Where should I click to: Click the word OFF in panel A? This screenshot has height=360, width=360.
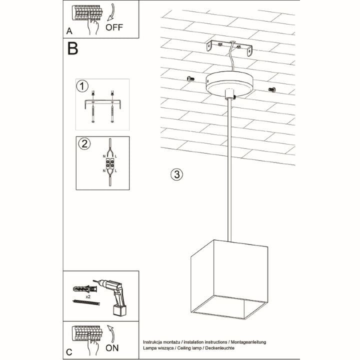(114, 28)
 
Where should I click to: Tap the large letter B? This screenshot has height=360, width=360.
(73, 49)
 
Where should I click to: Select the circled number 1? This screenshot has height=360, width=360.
(82, 86)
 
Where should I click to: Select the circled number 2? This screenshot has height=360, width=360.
(84, 144)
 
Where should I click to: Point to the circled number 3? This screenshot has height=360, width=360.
(175, 174)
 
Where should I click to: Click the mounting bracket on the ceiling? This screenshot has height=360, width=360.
(229, 47)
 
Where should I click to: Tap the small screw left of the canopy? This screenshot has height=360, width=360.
(189, 78)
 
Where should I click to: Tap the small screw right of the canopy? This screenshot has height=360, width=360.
(272, 89)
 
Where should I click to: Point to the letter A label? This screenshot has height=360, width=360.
(68, 31)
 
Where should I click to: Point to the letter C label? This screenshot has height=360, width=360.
(68, 351)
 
